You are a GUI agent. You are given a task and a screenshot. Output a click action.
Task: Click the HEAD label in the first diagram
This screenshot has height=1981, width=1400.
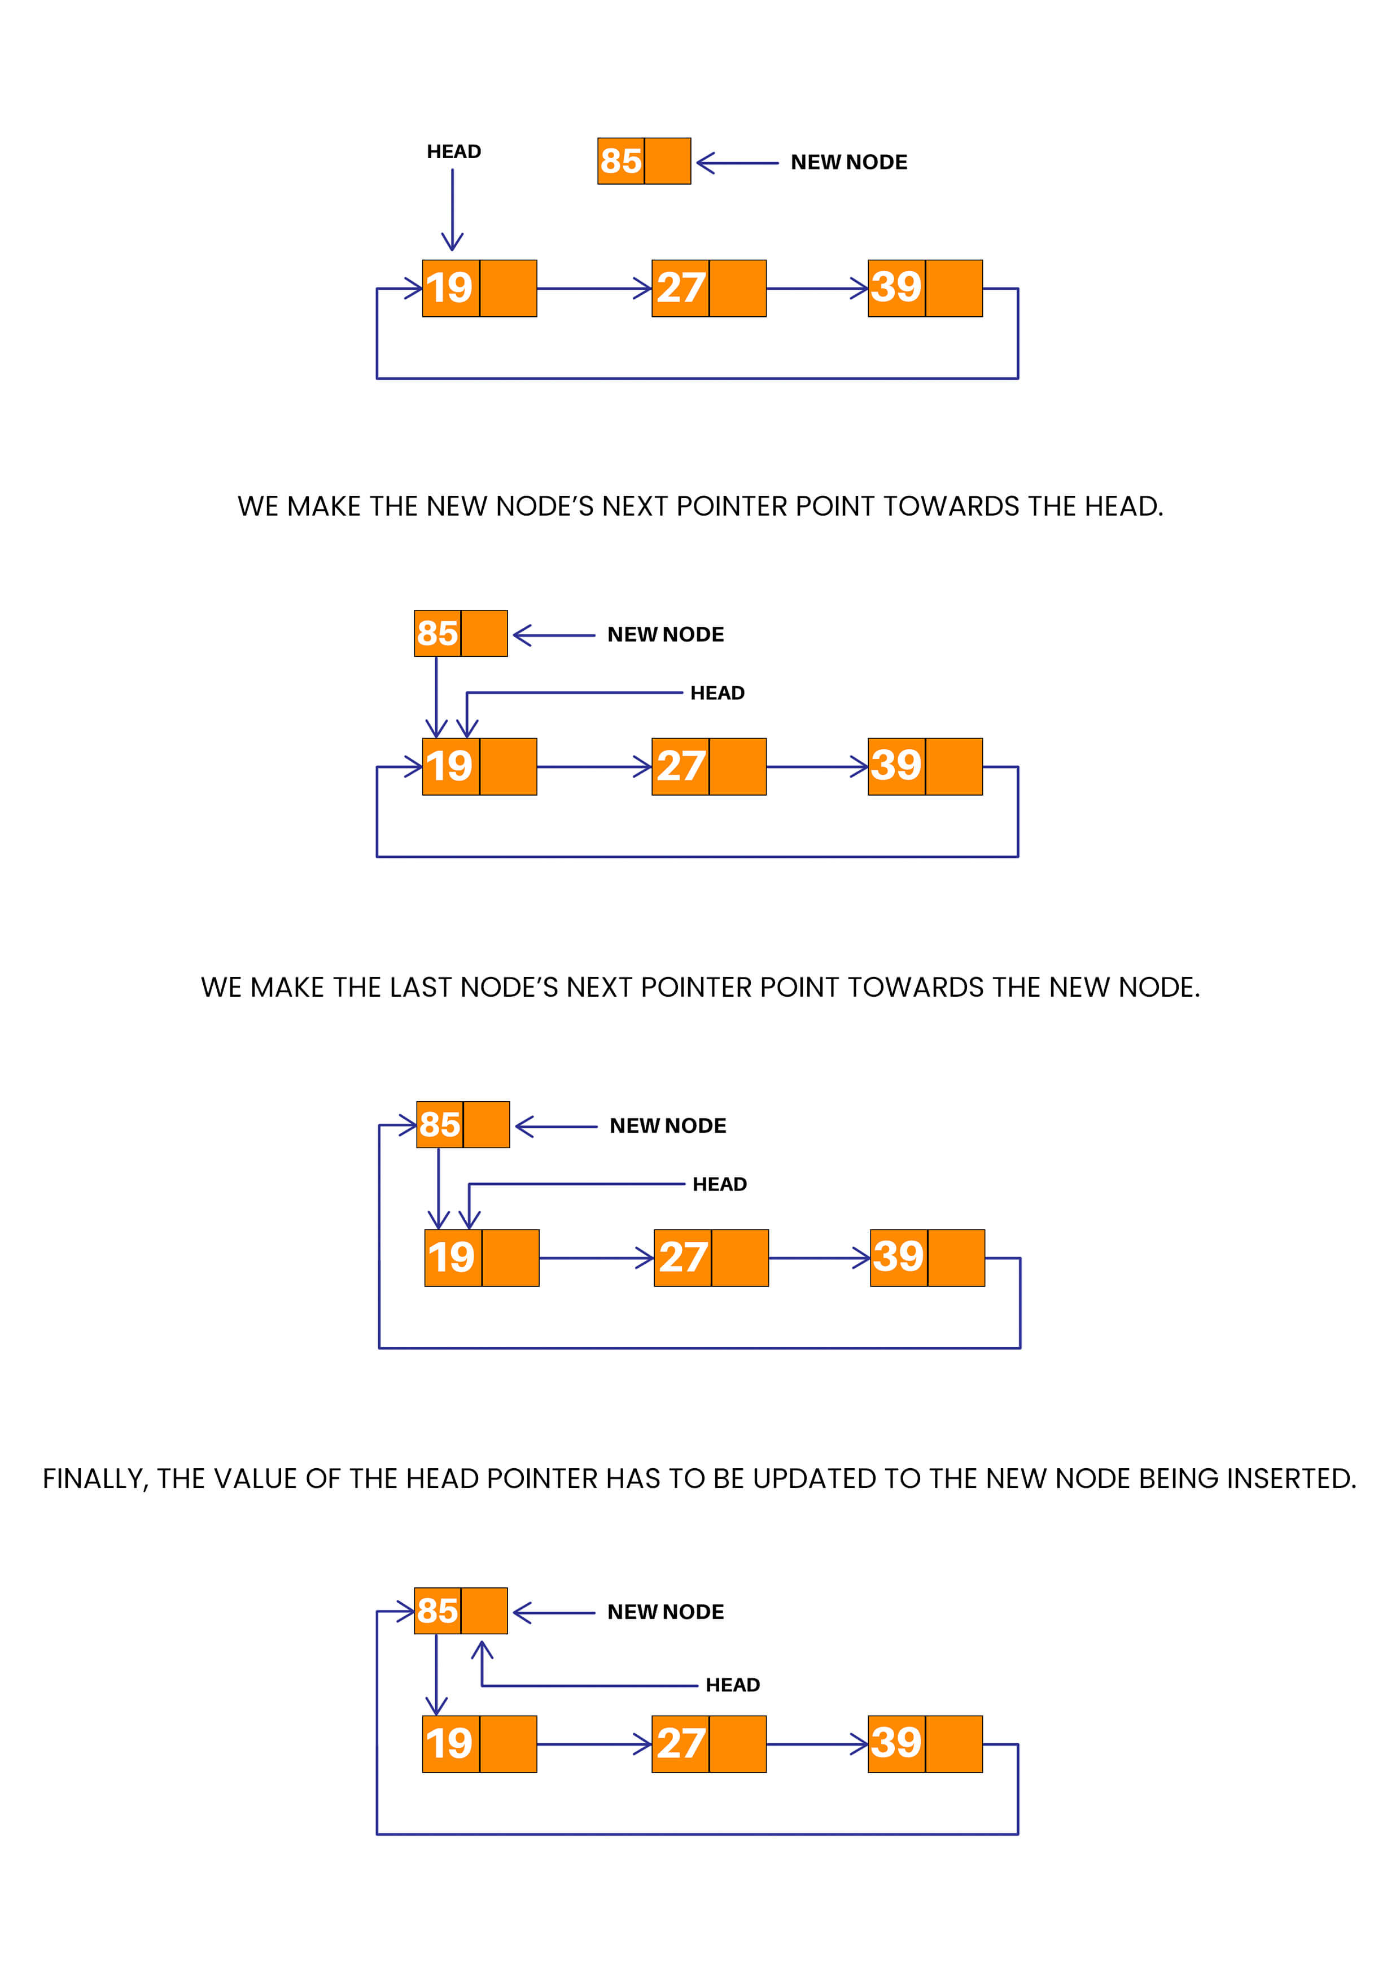[454, 152]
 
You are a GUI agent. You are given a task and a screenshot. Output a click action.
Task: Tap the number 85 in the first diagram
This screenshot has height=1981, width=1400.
[621, 162]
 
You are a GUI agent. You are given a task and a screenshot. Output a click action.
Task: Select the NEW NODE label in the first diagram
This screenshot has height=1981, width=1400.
[849, 162]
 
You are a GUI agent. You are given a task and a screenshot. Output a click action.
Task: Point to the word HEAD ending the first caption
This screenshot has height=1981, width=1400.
[1123, 507]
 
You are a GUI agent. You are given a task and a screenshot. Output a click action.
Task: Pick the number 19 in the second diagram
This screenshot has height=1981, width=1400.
[449, 766]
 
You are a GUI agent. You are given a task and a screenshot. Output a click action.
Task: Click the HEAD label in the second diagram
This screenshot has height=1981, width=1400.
[717, 693]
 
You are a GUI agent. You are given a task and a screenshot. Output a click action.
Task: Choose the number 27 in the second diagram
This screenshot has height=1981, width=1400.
[681, 766]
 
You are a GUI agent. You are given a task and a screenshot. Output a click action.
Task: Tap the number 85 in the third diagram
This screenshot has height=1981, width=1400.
[440, 1125]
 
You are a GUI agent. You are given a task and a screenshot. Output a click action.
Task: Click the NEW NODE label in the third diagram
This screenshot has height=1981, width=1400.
[668, 1126]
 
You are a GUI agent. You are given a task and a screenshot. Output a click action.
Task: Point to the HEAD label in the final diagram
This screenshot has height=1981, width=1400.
[732, 1685]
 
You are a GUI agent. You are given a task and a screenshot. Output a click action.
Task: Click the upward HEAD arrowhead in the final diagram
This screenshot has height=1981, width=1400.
[482, 1647]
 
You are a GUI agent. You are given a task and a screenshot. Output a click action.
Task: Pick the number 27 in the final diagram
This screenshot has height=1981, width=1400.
[681, 1744]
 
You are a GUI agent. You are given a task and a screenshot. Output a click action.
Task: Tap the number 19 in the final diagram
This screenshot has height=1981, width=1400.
[449, 1744]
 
